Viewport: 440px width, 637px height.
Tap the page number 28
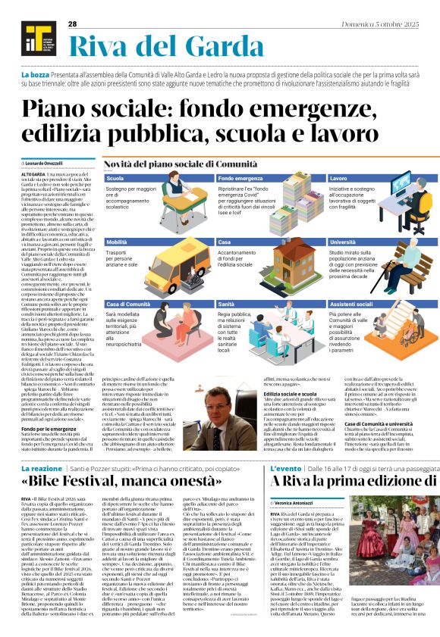pos(73,24)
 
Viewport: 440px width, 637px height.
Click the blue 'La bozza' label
pos(36,76)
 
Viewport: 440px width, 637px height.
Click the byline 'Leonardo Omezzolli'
pos(46,164)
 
